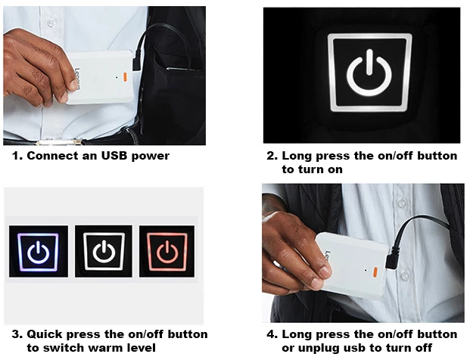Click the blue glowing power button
(38, 251)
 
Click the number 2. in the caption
(272, 157)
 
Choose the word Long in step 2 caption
(296, 157)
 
